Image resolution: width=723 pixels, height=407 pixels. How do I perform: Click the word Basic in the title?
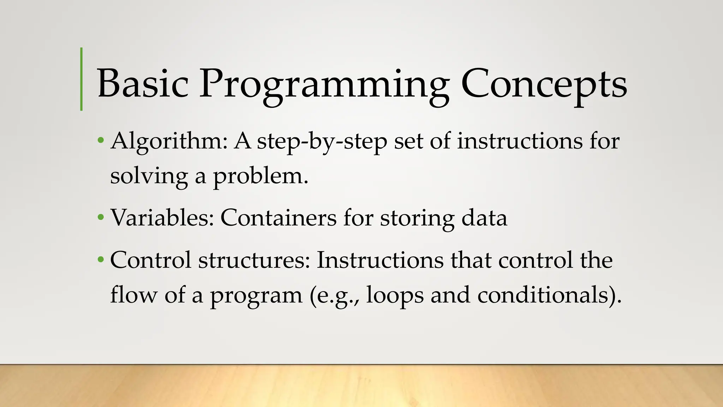142,84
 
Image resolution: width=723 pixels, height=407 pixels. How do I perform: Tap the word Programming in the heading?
324,85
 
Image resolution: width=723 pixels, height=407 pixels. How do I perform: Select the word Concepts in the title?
544,85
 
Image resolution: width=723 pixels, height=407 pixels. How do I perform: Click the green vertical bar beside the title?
82,79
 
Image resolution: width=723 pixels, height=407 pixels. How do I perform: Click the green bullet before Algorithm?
101,140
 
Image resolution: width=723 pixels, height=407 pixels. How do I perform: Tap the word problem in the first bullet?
260,176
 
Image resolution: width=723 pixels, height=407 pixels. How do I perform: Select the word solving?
149,176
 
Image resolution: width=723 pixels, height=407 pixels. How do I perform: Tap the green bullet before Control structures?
101,260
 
